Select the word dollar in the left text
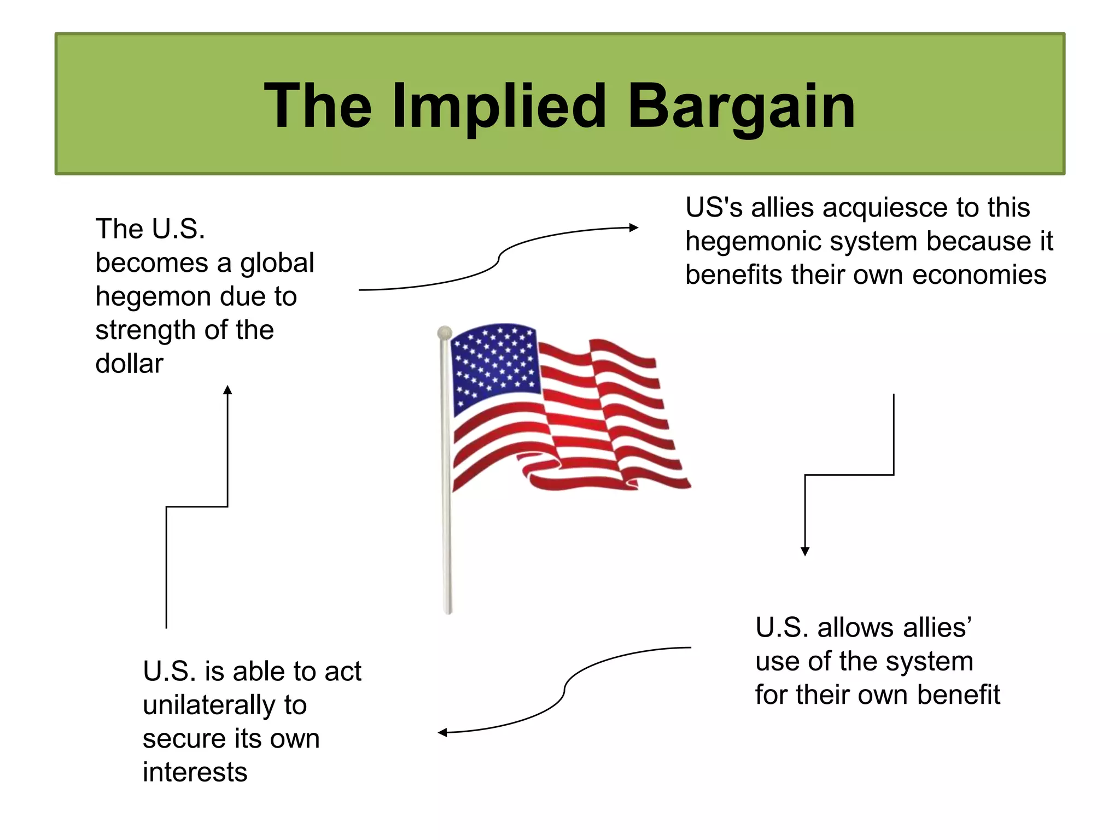tap(129, 364)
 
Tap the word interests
tap(195, 772)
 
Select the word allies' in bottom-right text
tap(894, 627)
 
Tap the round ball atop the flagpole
tap(445, 332)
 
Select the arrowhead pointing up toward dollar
tap(227, 390)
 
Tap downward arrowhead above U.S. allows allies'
tap(805, 551)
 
